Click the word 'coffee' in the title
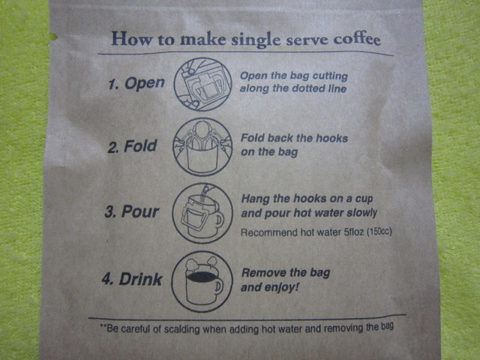pyautogui.click(x=357, y=39)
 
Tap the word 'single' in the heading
pyautogui.click(x=256, y=40)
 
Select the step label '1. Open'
pyautogui.click(x=136, y=83)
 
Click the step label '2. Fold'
pyautogui.click(x=132, y=146)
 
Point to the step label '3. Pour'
pyautogui.click(x=132, y=211)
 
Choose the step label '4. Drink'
pyautogui.click(x=132, y=279)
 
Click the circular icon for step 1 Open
pyautogui.click(x=202, y=84)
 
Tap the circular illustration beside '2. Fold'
pyautogui.click(x=202, y=147)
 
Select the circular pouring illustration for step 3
pyautogui.click(x=202, y=213)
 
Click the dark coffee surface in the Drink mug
pyautogui.click(x=202, y=277)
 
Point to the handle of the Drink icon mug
pyautogui.click(x=219, y=288)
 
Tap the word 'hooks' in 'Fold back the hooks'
pyautogui.click(x=331, y=138)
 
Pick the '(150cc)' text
pyautogui.click(x=379, y=232)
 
